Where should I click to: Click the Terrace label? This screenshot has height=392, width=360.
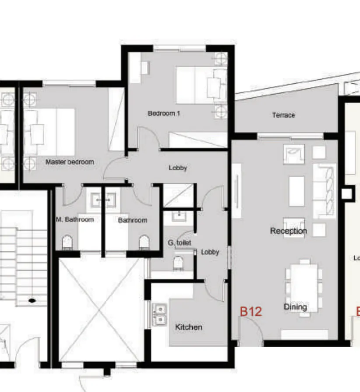[283, 115]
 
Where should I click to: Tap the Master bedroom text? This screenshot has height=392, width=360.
[70, 162]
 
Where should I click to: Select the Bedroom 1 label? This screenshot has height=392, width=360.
[164, 113]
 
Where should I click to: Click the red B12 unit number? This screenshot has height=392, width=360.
[251, 311]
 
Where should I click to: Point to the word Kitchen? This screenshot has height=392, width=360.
[189, 327]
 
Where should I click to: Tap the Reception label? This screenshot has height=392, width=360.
[289, 231]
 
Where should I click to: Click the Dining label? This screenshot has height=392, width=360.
[295, 306]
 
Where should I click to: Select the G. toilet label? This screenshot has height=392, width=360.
[179, 242]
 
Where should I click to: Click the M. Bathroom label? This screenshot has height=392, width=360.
[75, 219]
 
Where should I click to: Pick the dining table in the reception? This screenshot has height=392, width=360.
[304, 282]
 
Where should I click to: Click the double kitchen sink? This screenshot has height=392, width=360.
[159, 314]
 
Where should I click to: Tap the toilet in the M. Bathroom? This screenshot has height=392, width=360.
[67, 242]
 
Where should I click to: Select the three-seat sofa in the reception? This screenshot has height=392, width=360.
[326, 191]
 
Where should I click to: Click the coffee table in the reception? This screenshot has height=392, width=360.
[296, 190]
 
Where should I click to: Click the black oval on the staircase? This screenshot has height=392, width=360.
[32, 301]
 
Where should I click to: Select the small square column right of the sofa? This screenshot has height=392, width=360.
[347, 193]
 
